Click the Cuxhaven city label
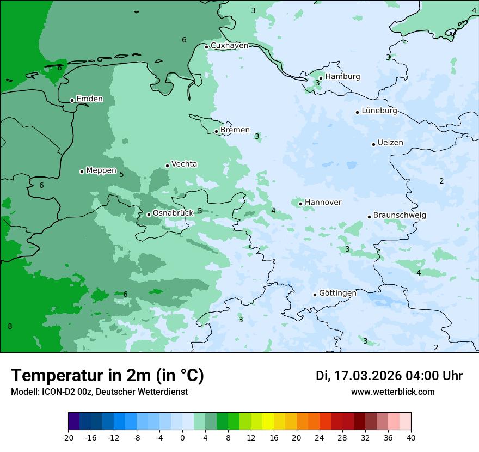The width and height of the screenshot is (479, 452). coord(229,45)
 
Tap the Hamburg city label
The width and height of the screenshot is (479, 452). coord(342,77)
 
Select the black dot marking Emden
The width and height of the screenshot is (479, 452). coord(72,100)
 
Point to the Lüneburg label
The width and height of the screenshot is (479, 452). coord(379,111)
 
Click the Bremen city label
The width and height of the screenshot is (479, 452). coord(235,130)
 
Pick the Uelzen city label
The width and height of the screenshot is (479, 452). coord(390,143)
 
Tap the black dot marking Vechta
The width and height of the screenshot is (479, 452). coord(167,166)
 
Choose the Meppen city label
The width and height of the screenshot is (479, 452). coord(101,170)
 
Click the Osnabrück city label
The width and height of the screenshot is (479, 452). coord(173,213)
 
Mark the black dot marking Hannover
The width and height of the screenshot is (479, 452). coord(300,204)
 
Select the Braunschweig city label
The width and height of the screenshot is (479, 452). coord(400,215)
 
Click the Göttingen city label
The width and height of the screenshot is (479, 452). coord(337,293)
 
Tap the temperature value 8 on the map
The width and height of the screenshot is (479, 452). coord(10,326)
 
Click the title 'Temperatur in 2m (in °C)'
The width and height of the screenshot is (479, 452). coord(107,376)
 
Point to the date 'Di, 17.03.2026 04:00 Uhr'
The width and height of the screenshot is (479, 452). coord(389,376)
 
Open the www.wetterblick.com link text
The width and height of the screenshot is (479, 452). coord(392,392)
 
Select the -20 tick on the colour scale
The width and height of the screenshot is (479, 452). coord(68,438)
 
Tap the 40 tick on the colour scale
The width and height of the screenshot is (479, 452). coord(411,438)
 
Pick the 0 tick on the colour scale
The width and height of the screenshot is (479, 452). coord(182,438)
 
